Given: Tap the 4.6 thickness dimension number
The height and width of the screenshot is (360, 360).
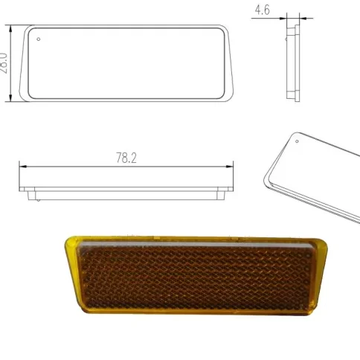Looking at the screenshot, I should [262, 10].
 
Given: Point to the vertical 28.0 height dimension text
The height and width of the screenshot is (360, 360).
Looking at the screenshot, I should [4, 62].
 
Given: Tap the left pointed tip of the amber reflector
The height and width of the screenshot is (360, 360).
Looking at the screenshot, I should [66, 240].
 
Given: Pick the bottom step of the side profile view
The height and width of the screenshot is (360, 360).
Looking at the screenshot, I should [293, 97].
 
